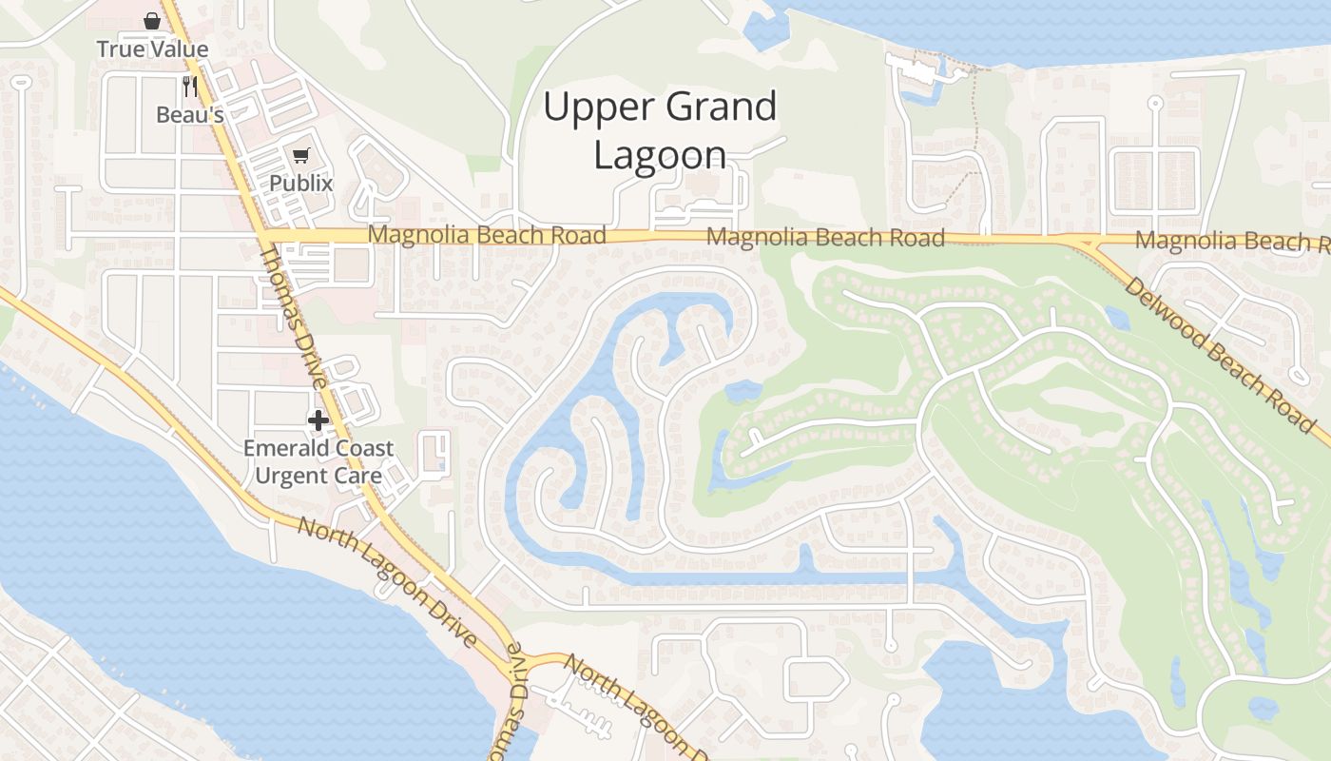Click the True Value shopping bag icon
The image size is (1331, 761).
tap(151, 21)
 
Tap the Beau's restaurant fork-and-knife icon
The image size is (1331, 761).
tap(190, 87)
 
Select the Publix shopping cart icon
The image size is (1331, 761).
tap(301, 156)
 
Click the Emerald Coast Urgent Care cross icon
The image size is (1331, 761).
tap(318, 420)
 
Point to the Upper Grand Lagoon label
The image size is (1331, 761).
tap(660, 130)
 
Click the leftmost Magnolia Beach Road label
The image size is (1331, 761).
tap(487, 235)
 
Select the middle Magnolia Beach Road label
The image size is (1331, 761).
tap(825, 237)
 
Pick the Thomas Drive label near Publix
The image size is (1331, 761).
tap(294, 314)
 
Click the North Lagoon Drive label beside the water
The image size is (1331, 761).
tap(387, 581)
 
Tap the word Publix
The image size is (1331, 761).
tap(301, 183)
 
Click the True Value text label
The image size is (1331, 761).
tap(152, 49)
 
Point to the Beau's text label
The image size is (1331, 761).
tap(190, 115)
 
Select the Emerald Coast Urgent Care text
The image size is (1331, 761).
tap(318, 461)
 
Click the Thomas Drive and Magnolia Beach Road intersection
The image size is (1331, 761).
tap(262, 234)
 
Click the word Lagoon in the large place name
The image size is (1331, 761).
tap(660, 155)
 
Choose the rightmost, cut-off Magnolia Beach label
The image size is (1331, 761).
tap(1230, 242)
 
